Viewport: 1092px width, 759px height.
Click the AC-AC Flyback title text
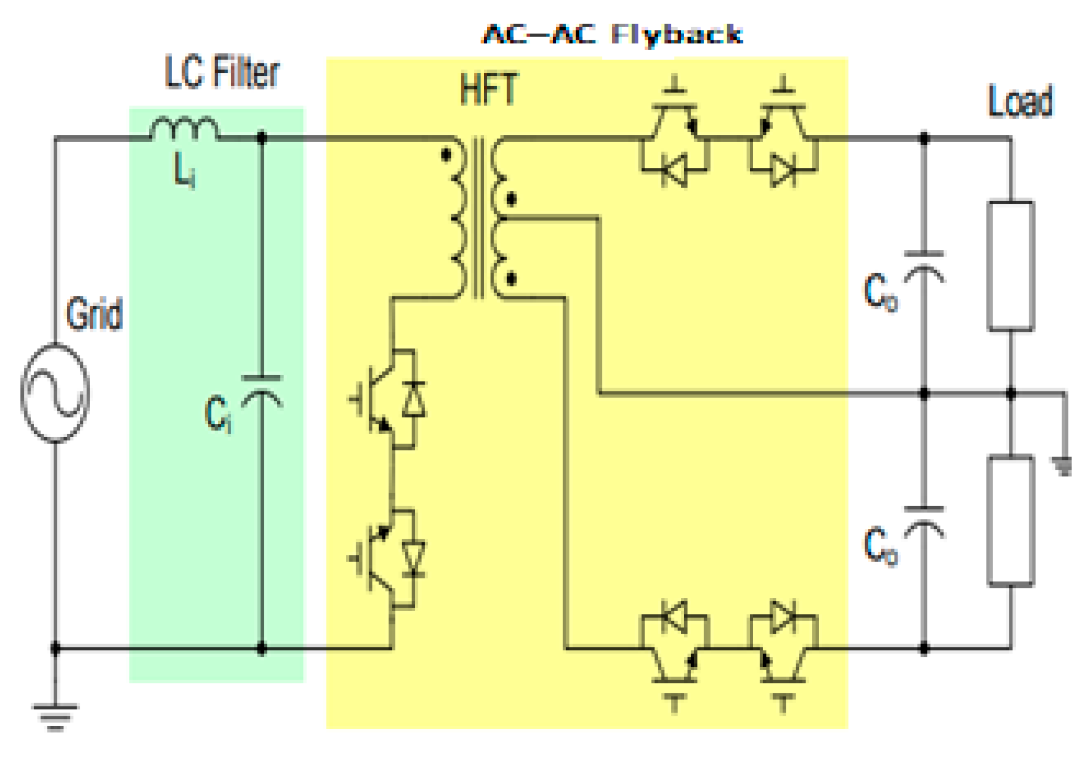click(x=612, y=34)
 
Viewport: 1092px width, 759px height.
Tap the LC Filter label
click(x=222, y=72)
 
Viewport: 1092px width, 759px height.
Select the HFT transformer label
click(x=489, y=89)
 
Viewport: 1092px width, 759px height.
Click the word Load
click(x=1020, y=102)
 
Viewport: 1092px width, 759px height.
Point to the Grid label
click(x=94, y=314)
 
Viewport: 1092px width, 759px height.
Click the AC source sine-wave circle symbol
click(x=55, y=392)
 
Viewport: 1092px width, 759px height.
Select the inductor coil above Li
click(x=184, y=129)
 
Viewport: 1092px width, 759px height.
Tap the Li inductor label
click(x=184, y=170)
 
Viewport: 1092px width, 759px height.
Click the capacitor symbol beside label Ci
click(x=262, y=390)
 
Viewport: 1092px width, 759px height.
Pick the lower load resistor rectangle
click(x=1010, y=520)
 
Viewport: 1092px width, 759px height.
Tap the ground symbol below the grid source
click(x=55, y=716)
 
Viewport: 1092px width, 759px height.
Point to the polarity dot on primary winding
click(x=446, y=155)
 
